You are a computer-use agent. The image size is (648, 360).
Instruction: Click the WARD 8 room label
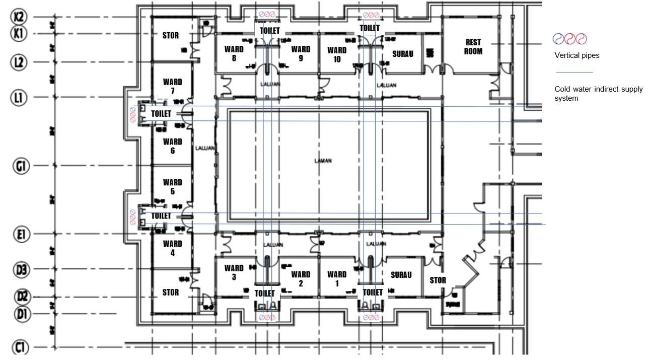pos(234,53)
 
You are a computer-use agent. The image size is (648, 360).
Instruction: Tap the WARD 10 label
pos(337,54)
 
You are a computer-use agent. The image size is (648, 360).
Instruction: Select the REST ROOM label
pos(473,47)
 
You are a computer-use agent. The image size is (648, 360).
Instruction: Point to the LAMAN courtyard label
pos(323,161)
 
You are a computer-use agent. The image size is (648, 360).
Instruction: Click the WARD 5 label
pos(172,187)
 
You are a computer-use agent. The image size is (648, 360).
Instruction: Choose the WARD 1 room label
pos(337,278)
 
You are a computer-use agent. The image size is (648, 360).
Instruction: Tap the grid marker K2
pos(19,17)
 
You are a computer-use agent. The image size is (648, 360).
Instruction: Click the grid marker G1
pos(20,166)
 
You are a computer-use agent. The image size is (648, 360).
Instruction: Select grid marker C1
pos(20,347)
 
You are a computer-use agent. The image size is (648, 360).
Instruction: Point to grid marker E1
pos(20,234)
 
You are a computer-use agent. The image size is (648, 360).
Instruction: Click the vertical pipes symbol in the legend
pos(569,39)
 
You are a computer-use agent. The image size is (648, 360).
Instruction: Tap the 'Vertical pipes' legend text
pos(577,55)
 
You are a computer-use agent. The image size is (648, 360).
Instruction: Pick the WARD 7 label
pos(172,86)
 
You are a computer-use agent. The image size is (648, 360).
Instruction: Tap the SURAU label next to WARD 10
pos(403,53)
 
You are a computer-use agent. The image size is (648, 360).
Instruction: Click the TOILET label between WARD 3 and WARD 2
pos(265,293)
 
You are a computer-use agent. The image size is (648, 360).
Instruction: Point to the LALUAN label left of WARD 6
pos(205,149)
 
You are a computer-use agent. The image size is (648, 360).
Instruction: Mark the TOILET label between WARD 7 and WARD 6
pos(161,114)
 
